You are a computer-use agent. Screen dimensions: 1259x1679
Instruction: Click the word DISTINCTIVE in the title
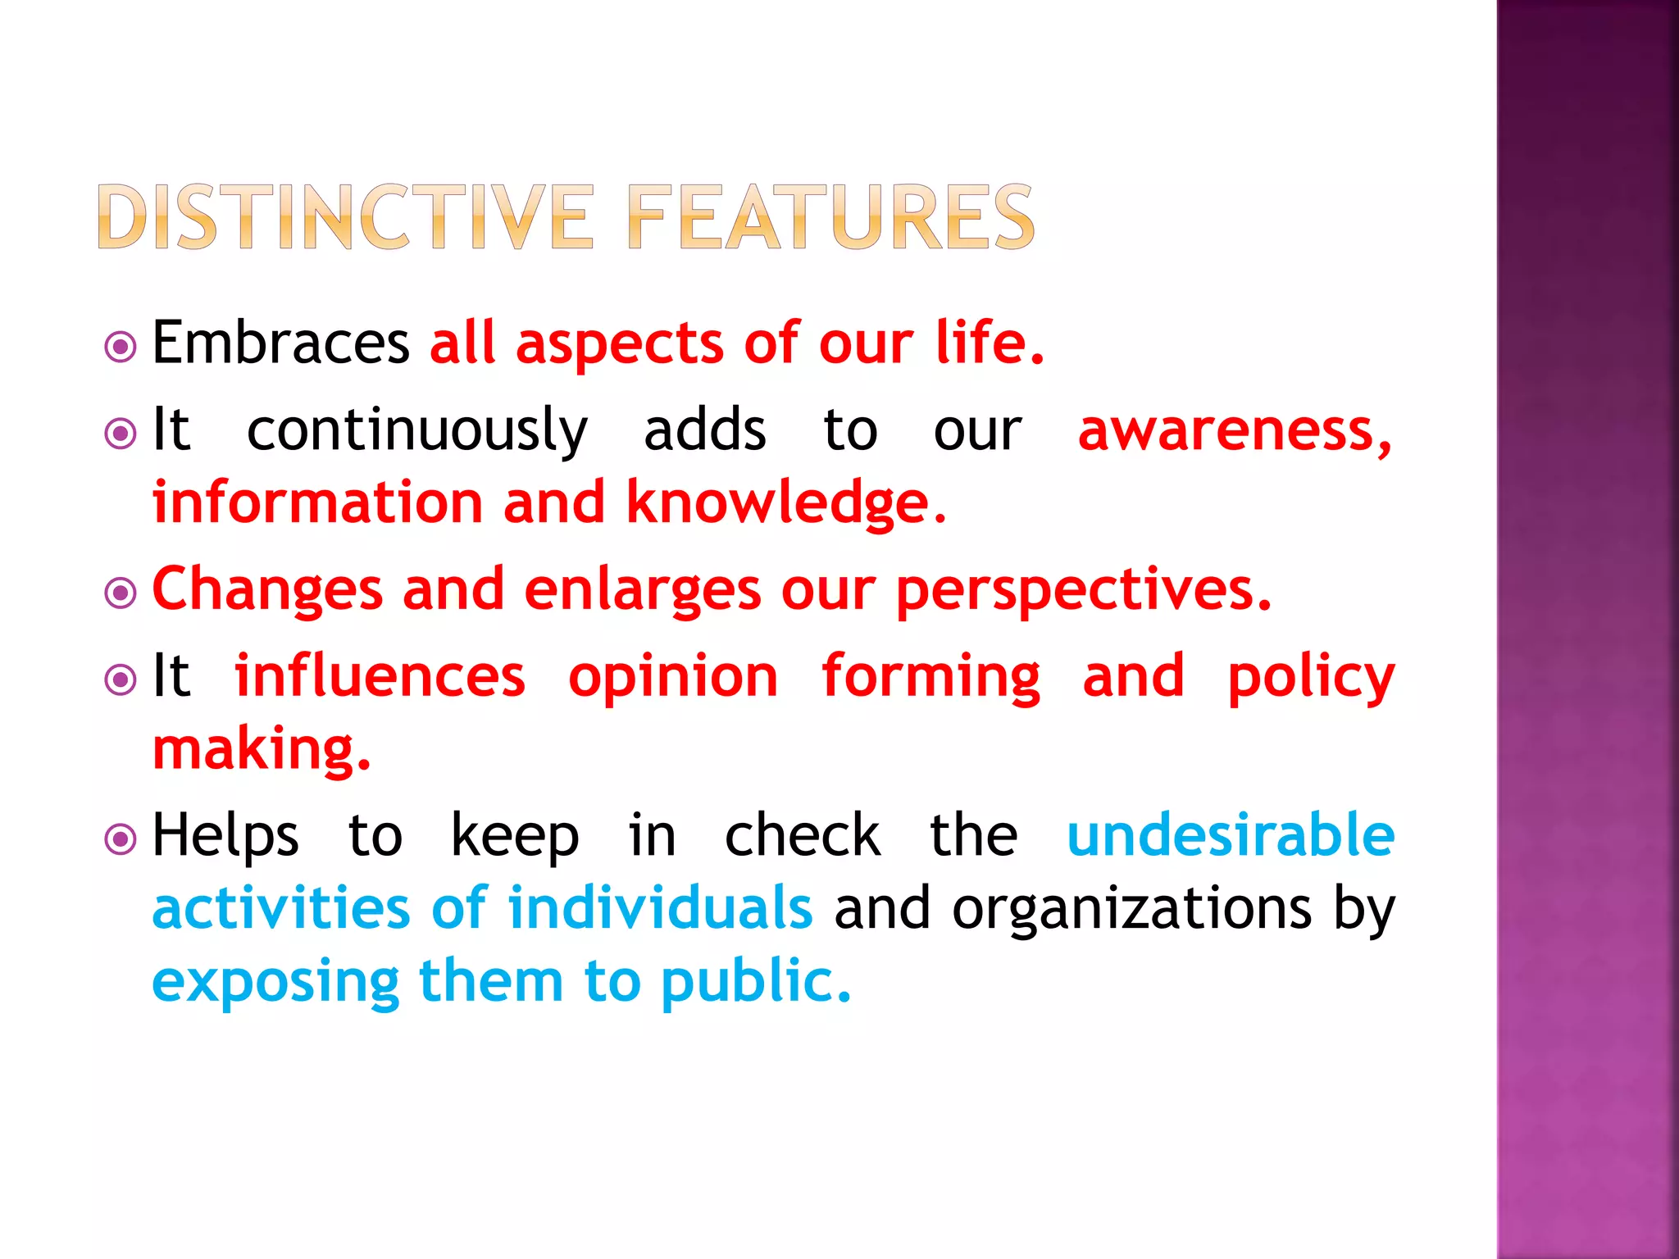[344, 216]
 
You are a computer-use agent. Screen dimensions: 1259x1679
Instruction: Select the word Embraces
[280, 343]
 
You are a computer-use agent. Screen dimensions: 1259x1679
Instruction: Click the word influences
[380, 676]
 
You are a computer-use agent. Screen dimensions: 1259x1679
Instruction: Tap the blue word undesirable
[1231, 835]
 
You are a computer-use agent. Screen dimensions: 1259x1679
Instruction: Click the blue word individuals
[660, 908]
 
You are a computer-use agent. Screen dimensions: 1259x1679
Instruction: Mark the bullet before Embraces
[121, 347]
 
